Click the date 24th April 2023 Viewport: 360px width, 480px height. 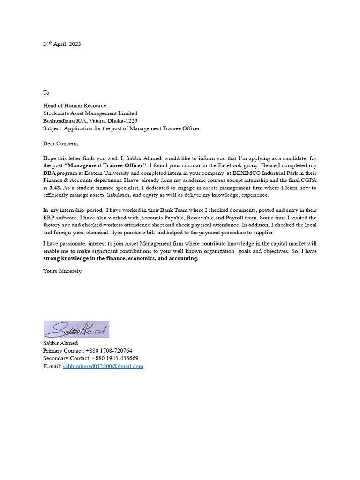(x=62, y=44)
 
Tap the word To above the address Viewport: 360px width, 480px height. (x=46, y=93)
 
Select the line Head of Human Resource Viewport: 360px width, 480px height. (x=75, y=106)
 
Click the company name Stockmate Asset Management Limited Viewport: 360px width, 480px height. (x=90, y=113)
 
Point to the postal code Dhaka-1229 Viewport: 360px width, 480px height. (x=124, y=121)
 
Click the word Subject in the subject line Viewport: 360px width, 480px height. (x=52, y=128)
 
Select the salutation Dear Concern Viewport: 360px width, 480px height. (x=61, y=143)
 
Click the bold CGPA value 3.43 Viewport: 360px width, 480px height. (x=55, y=188)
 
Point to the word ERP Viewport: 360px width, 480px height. (x=49, y=218)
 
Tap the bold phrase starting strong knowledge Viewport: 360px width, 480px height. (x=121, y=259)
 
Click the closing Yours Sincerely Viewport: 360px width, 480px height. (x=63, y=271)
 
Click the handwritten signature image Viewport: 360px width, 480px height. (x=76, y=329)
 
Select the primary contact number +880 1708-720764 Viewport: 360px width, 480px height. (x=109, y=351)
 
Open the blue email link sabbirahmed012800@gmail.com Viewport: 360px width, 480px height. (x=103, y=366)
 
